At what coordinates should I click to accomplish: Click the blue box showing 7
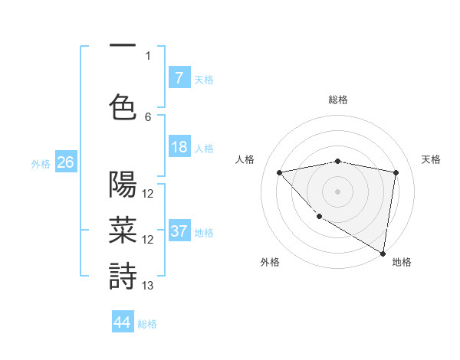[179, 77]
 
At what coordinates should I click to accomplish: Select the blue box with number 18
[179, 147]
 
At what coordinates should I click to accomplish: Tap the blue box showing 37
[179, 231]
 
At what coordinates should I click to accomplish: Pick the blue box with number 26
[65, 162]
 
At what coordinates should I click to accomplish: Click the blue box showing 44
[123, 322]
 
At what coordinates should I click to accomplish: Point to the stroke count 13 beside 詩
[148, 286]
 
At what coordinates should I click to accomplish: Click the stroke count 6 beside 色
[148, 117]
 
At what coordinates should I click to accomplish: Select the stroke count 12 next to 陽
[148, 194]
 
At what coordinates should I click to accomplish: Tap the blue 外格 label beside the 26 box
[40, 163]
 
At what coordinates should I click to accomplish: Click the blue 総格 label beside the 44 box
[147, 324]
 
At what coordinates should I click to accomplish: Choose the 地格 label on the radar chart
[402, 263]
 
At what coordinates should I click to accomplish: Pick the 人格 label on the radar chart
[245, 159]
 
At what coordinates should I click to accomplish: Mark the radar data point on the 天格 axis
[396, 172]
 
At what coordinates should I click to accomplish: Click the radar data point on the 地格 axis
[383, 254]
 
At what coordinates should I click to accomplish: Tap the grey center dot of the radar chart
[337, 191]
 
